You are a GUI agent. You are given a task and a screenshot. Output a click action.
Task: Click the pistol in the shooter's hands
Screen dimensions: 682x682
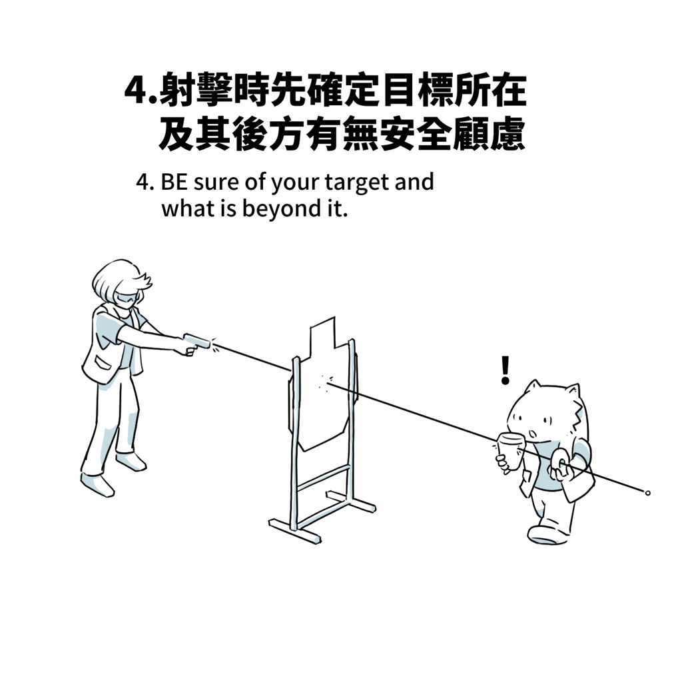pyautogui.click(x=196, y=344)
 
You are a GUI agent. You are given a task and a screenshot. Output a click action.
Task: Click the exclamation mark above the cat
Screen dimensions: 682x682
pyautogui.click(x=505, y=370)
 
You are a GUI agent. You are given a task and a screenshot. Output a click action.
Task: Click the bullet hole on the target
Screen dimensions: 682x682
pyautogui.click(x=325, y=383)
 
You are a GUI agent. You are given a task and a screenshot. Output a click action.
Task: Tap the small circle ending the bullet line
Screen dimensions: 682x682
pyautogui.click(x=647, y=493)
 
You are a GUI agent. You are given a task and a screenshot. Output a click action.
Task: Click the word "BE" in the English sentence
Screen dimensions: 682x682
pyautogui.click(x=174, y=182)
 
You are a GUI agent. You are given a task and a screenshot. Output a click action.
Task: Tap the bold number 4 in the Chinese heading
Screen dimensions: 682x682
pyautogui.click(x=137, y=91)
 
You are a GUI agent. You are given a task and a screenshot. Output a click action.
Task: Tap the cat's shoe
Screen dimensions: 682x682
pyautogui.click(x=548, y=535)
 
